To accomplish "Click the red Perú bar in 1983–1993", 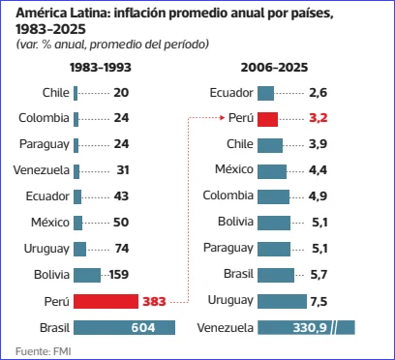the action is [x=106, y=301].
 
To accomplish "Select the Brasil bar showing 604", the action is [x=124, y=327].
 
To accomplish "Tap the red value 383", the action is [x=154, y=302].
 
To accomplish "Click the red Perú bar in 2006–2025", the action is [x=267, y=119].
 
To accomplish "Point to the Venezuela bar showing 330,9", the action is [x=306, y=327].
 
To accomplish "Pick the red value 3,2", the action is [x=319, y=118].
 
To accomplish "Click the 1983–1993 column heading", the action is [x=101, y=68].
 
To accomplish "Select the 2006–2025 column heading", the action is [x=274, y=68].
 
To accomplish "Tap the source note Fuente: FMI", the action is [x=43, y=351].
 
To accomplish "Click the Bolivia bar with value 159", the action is [x=87, y=275].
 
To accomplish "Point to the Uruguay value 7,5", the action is [x=319, y=302].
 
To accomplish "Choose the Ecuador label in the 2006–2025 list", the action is [x=231, y=93].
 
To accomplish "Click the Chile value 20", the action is [x=121, y=93].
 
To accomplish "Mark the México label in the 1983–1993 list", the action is [x=50, y=223].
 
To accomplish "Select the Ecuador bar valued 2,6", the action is [x=265, y=93].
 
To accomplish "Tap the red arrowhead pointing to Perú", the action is [x=223, y=118].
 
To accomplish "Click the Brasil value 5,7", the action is [x=319, y=275].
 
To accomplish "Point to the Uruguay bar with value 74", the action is [x=79, y=249].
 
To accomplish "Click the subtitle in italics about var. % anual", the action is [x=112, y=45].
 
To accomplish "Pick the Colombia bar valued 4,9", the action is [x=273, y=196].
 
